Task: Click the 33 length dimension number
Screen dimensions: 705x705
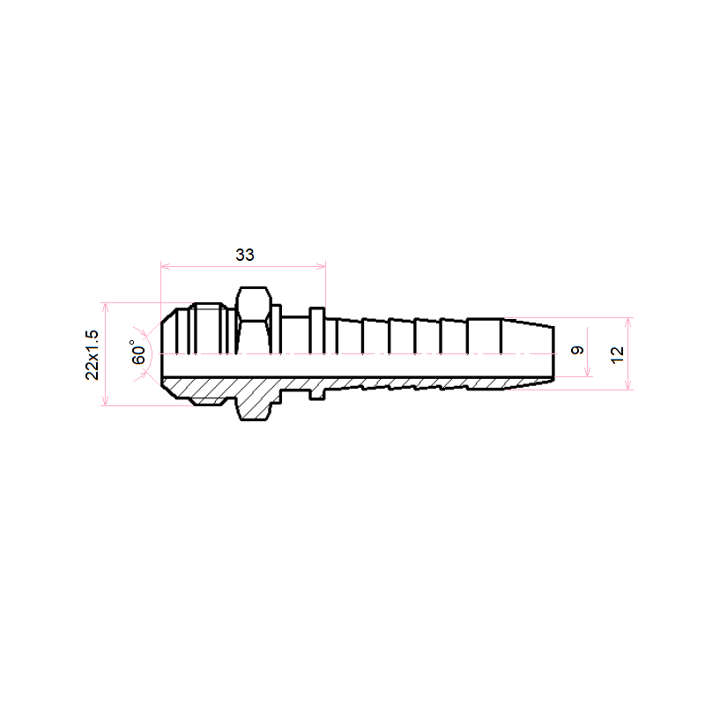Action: [x=245, y=255]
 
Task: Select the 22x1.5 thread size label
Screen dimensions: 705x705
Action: [x=93, y=355]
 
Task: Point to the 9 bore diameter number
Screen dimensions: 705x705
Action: [x=577, y=350]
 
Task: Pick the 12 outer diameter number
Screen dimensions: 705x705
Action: [x=618, y=355]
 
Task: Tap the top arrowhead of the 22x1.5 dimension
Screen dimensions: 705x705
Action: [x=105, y=307]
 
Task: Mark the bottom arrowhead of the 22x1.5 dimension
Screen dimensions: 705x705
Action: [x=105, y=401]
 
